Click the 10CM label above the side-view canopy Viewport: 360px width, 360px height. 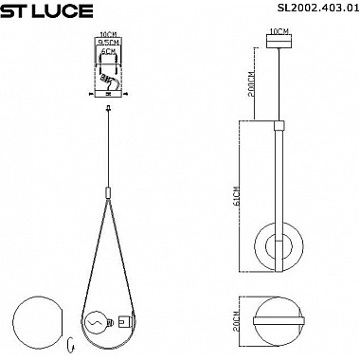(279, 31)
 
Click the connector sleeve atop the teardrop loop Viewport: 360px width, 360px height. (109, 193)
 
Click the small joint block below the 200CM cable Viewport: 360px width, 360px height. (279, 124)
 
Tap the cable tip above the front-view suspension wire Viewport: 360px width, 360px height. (109, 111)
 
